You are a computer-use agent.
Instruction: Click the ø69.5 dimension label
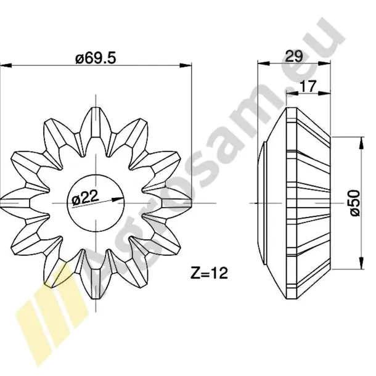tap(96, 58)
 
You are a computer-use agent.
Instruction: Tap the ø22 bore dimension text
tap(85, 198)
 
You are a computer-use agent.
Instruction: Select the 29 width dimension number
tap(294, 56)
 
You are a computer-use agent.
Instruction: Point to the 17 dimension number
tap(308, 86)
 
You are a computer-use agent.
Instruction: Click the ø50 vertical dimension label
tap(355, 203)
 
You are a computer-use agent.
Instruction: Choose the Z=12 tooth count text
tap(209, 273)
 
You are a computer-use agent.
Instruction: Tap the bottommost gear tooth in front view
tap(96, 284)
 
